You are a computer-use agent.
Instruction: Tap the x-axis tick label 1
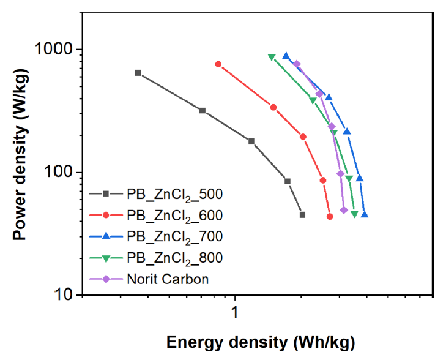coord(234,312)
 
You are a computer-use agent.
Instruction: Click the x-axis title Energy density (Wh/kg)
coord(261,342)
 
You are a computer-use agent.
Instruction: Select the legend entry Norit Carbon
coord(168,279)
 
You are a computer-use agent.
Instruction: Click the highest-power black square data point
coord(138,73)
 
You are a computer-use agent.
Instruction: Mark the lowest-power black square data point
coord(302,215)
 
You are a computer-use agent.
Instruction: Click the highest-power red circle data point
coord(218,64)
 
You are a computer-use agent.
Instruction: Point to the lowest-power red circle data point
coord(330,217)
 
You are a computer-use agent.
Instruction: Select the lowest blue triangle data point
coord(365,214)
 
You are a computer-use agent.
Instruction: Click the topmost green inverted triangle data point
coord(272,58)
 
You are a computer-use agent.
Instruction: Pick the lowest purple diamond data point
coord(344,210)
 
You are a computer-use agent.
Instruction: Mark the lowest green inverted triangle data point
coord(354,214)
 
